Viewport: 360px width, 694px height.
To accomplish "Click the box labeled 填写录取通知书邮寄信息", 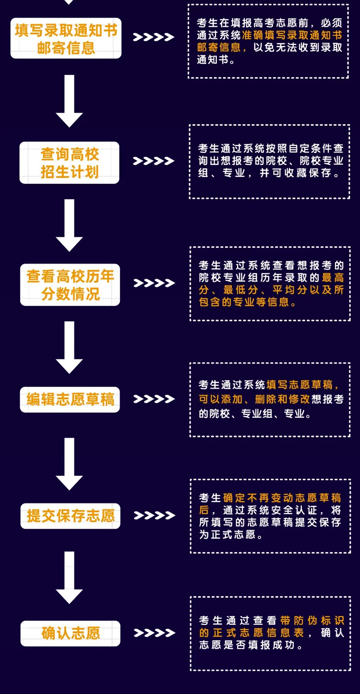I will pyautogui.click(x=66, y=38).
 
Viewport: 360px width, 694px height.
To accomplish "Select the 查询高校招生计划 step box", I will pyautogui.click(x=69, y=163).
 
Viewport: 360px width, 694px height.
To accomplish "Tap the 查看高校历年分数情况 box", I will pyautogui.click(x=70, y=285).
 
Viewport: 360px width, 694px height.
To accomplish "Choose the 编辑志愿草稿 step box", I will pyautogui.click(x=70, y=399).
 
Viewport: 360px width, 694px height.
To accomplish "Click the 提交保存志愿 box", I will pyautogui.click(x=70, y=516).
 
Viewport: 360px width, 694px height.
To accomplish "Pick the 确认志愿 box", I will pyautogui.click(x=70, y=633).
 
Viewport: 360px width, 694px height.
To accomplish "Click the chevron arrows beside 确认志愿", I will pyautogui.click(x=154, y=633).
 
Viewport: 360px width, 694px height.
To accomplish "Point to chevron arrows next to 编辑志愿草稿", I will pyautogui.click(x=154, y=399).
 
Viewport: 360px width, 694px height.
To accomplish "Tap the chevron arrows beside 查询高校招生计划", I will pyautogui.click(x=154, y=161).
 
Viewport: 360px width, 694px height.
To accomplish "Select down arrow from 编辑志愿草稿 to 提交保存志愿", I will pyautogui.click(x=69, y=464).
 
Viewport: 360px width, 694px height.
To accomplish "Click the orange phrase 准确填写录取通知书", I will pyautogui.click(x=292, y=35).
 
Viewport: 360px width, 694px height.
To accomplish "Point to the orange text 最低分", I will pyautogui.click(x=241, y=290).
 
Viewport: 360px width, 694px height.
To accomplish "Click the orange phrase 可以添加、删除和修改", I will pyautogui.click(x=254, y=399).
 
